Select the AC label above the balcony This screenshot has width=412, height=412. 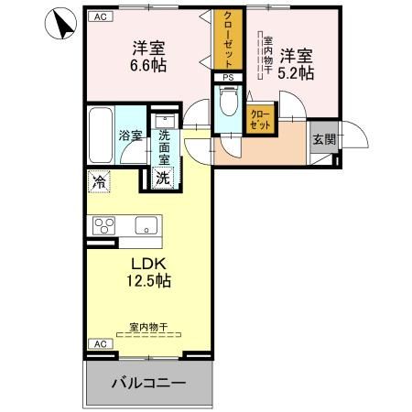click(x=99, y=343)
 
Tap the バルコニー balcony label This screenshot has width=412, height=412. click(x=149, y=382)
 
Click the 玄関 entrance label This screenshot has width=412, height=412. click(x=323, y=139)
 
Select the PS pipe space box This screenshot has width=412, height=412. click(x=228, y=78)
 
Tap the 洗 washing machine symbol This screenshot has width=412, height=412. click(x=162, y=179)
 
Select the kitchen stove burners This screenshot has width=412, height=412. click(x=102, y=224)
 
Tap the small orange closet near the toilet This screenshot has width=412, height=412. click(x=260, y=117)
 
